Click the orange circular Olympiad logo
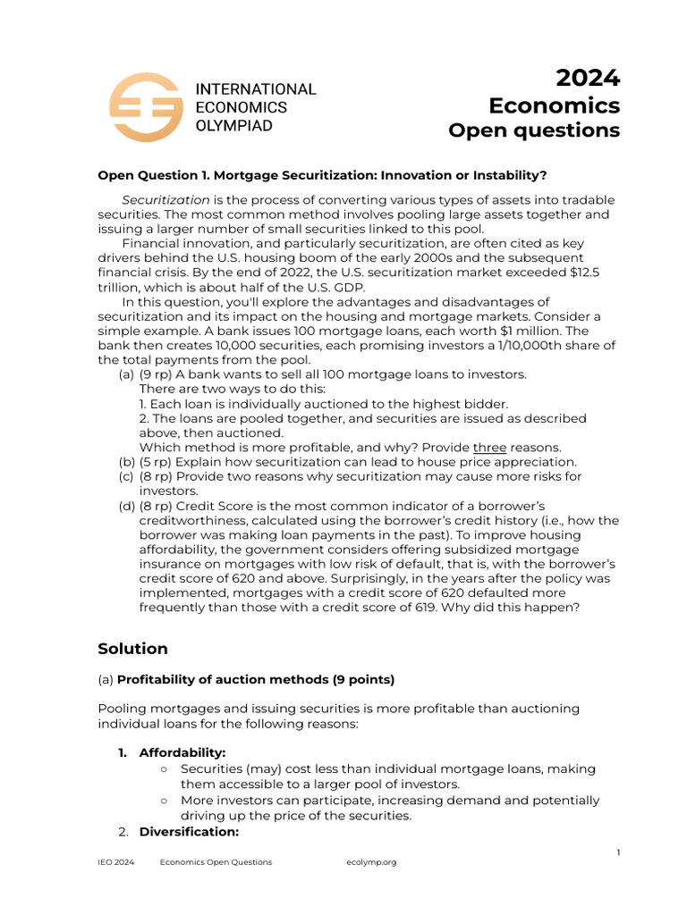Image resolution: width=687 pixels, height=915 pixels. pyautogui.click(x=146, y=106)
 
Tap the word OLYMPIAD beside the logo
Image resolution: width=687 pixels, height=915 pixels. pyautogui.click(x=234, y=126)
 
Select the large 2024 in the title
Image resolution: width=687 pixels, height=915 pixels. pyautogui.click(x=588, y=79)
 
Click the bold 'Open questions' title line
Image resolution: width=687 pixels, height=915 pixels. pyautogui.click(x=533, y=130)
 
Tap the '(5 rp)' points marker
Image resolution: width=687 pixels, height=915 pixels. pyautogui.click(x=157, y=461)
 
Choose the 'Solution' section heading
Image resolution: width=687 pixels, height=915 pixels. pyautogui.click(x=132, y=649)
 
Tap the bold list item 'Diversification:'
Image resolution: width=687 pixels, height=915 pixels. pyautogui.click(x=189, y=831)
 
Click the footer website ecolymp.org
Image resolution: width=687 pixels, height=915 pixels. pyautogui.click(x=370, y=862)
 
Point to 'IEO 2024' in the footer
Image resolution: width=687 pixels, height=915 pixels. pyautogui.click(x=116, y=862)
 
